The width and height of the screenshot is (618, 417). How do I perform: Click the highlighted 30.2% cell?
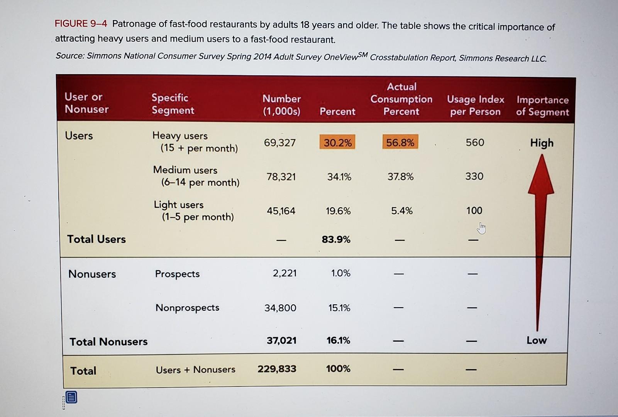tap(337, 142)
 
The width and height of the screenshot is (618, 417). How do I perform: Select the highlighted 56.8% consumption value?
tap(400, 142)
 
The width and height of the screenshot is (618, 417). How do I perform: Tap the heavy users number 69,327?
tap(280, 142)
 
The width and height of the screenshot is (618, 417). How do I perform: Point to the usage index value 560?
tap(475, 142)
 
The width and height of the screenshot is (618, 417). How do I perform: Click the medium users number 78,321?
tap(281, 177)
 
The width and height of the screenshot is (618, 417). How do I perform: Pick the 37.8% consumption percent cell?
tap(401, 176)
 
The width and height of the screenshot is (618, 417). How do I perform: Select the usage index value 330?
tap(474, 176)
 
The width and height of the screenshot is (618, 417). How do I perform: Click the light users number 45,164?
tap(281, 211)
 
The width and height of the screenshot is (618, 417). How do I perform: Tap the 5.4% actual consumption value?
tap(402, 210)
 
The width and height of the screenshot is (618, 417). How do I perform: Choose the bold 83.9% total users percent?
tap(336, 239)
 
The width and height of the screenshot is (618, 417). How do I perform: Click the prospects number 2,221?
tap(285, 273)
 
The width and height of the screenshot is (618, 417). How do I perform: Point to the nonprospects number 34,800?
tap(280, 308)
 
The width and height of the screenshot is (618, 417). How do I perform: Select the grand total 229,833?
tap(277, 369)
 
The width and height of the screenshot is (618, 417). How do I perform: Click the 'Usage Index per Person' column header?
tap(476, 105)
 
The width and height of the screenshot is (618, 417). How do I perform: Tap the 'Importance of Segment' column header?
tap(543, 106)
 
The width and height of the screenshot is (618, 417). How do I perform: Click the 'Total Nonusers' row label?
tap(108, 342)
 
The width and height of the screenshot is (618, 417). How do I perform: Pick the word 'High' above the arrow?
tap(542, 143)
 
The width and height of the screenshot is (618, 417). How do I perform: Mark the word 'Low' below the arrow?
tap(537, 340)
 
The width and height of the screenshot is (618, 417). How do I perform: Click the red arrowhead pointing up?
tap(542, 176)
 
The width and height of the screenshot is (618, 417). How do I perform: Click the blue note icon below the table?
tap(71, 397)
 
